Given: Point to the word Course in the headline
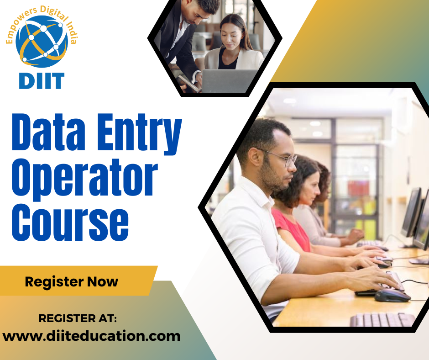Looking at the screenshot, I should pyautogui.click(x=69, y=221).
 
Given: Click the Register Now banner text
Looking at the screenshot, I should pyautogui.click(x=71, y=281).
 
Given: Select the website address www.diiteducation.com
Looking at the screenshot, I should pyautogui.click(x=91, y=336).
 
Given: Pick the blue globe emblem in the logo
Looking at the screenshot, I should pyautogui.click(x=42, y=41).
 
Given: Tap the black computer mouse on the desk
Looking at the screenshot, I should pyautogui.click(x=392, y=295).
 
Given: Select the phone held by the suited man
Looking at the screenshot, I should pyautogui.click(x=187, y=82).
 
